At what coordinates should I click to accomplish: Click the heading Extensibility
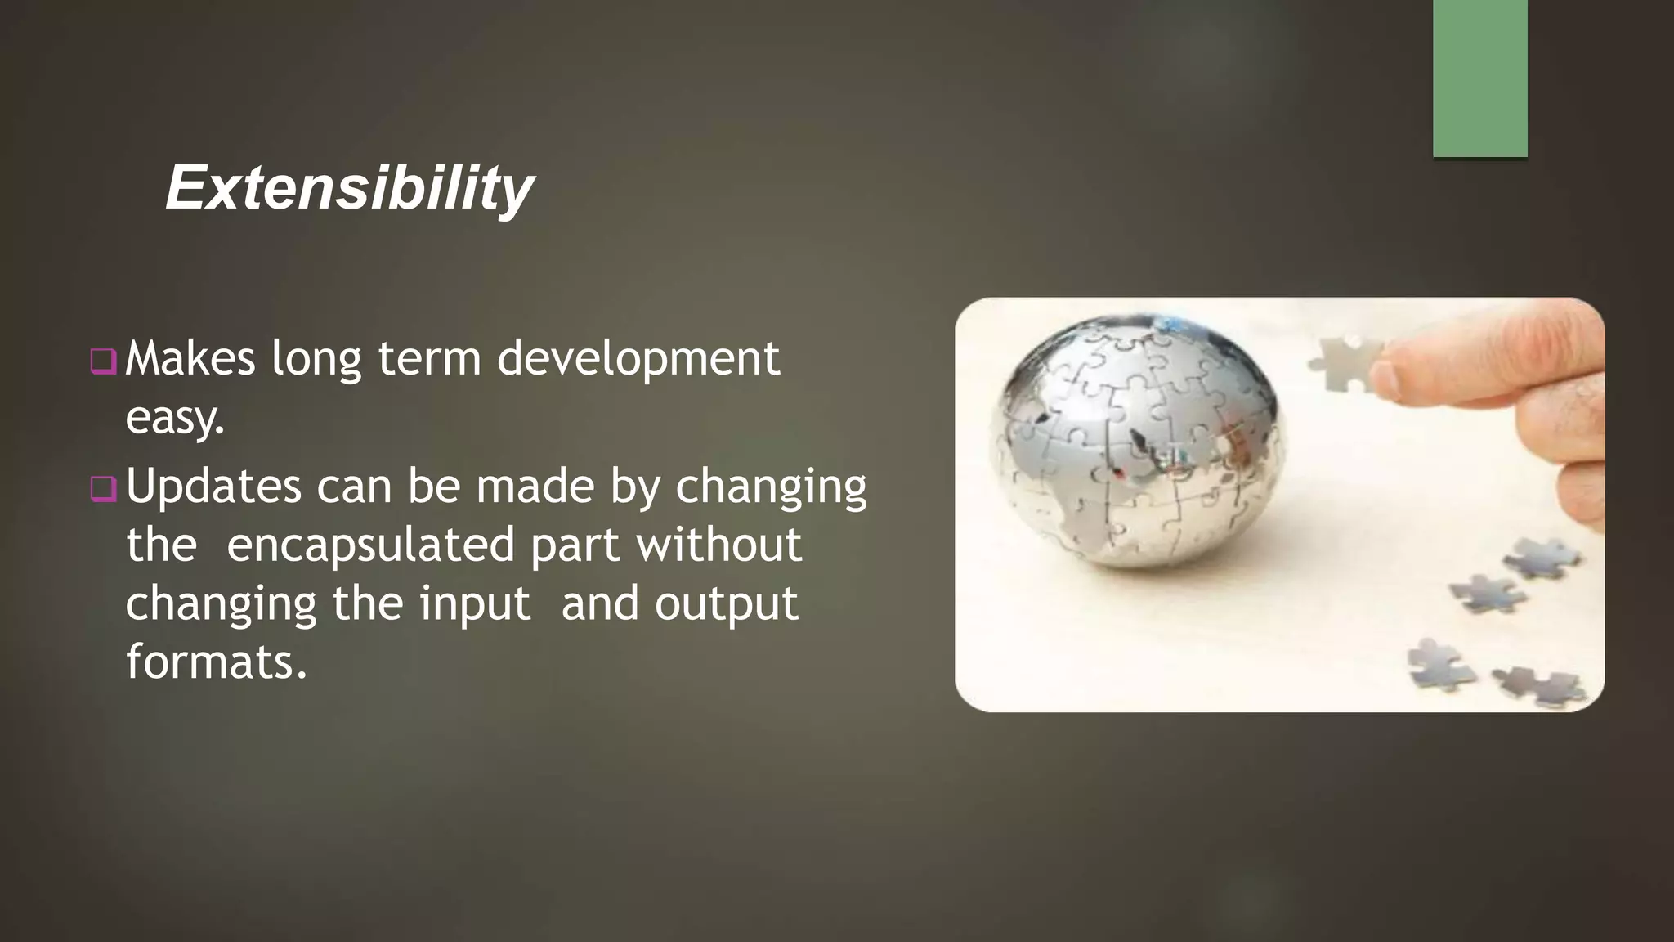pyautogui.click(x=350, y=188)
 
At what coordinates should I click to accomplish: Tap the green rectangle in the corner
pyautogui.click(x=1479, y=78)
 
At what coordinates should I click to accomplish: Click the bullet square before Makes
pyautogui.click(x=104, y=361)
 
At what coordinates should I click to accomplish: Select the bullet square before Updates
pyautogui.click(x=104, y=488)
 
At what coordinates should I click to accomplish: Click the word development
pyautogui.click(x=638, y=360)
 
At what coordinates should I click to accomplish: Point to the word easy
pyautogui.click(x=174, y=419)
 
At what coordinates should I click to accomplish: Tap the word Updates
pyautogui.click(x=213, y=487)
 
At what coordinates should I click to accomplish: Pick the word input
pyautogui.click(x=475, y=605)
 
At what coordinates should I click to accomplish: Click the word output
pyautogui.click(x=726, y=605)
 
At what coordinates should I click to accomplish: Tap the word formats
pyautogui.click(x=216, y=662)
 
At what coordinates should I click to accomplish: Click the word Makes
pyautogui.click(x=190, y=360)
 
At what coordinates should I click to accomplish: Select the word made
pyautogui.click(x=535, y=487)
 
